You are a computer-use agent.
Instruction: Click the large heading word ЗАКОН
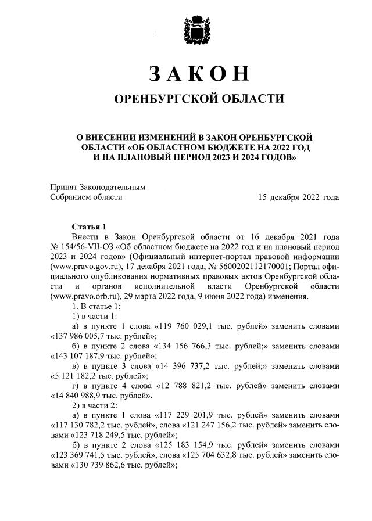click(199, 73)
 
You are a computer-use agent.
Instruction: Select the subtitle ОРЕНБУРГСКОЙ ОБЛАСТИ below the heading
click(199, 99)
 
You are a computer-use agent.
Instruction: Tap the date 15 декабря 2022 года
click(299, 197)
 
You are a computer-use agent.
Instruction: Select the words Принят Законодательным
click(96, 187)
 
